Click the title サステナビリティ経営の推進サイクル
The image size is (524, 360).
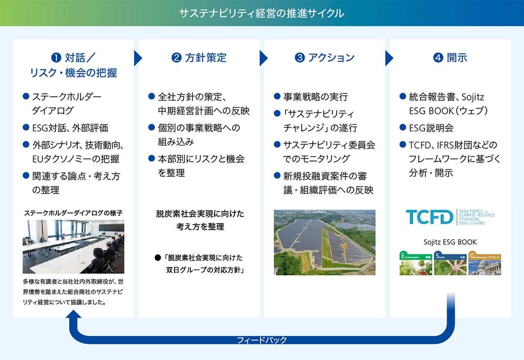pos(262,14)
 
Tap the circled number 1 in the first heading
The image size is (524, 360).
pos(56,58)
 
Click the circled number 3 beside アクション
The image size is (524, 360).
pos(300,58)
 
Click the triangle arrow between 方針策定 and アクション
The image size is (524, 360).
pos(264,58)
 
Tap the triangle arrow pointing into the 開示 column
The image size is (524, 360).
pos(389,58)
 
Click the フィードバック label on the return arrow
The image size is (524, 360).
pos(262,340)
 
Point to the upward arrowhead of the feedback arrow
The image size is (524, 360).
pos(73,314)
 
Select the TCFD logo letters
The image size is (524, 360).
pos(429,217)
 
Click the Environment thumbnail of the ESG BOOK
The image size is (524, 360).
pos(416,263)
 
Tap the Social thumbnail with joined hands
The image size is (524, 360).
pos(450,263)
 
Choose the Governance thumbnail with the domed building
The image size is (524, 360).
pos(485,263)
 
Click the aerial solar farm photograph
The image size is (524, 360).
pos(325,242)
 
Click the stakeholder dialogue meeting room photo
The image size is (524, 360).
pos(73,247)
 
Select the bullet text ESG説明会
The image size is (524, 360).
pos(431,128)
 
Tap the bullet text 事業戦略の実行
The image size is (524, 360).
pos(316,97)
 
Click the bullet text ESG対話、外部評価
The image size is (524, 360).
pos(70,128)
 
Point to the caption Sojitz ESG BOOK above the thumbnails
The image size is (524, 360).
pos(450,242)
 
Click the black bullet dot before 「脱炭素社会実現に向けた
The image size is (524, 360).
pos(158,258)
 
